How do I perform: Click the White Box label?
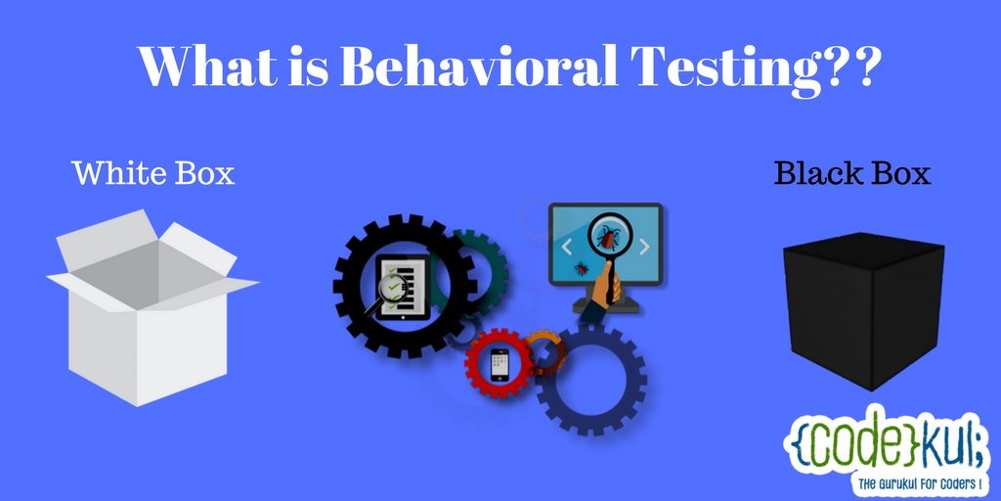click(x=153, y=173)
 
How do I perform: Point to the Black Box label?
click(x=852, y=173)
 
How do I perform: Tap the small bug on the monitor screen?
click(x=581, y=268)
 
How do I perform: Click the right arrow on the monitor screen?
click(x=644, y=247)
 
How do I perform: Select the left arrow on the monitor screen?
click(x=567, y=246)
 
